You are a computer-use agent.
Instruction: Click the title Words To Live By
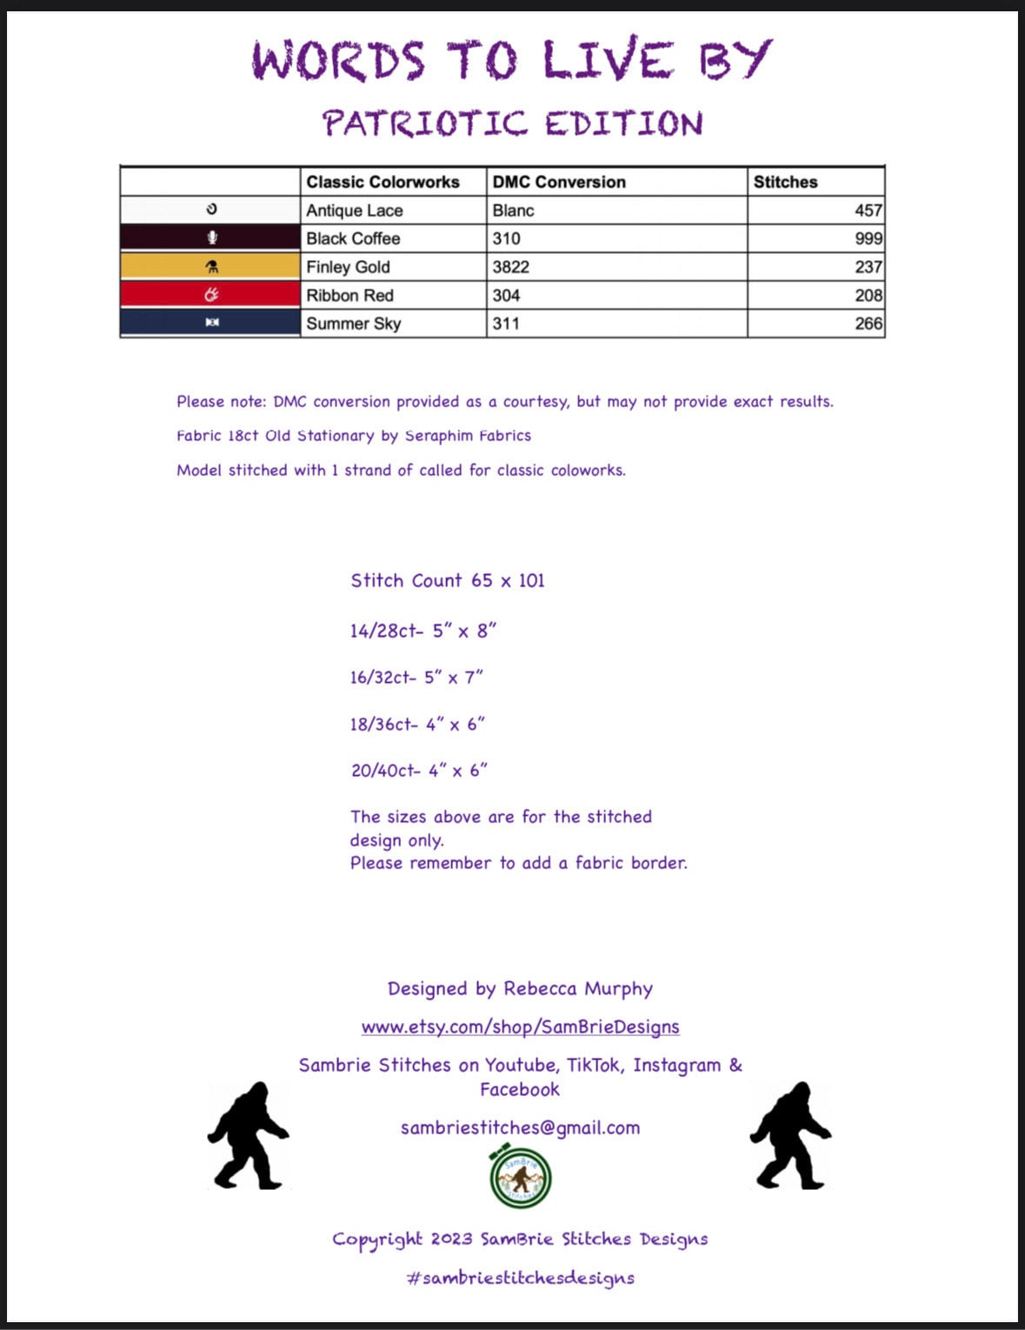tap(511, 60)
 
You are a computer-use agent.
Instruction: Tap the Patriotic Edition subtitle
tap(512, 124)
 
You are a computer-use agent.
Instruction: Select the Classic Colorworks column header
tap(383, 182)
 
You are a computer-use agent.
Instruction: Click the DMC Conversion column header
tap(559, 182)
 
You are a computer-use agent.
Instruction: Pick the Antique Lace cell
tap(355, 211)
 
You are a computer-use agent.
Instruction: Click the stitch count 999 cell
tap(868, 238)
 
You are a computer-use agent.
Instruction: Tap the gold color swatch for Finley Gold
tap(210, 267)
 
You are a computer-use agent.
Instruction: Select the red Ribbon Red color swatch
tap(210, 295)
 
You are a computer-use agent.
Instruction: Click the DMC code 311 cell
tap(506, 324)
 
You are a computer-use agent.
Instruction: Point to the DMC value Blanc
tap(513, 211)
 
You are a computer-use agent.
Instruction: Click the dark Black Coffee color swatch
tap(210, 238)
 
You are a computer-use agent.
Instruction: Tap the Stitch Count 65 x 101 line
tap(448, 581)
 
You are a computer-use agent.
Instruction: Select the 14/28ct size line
tap(423, 632)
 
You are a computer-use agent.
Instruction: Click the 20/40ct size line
tap(419, 771)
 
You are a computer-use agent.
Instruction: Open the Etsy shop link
tap(520, 1027)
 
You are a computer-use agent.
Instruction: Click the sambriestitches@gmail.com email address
tap(520, 1128)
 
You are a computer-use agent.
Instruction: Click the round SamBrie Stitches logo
tap(521, 1179)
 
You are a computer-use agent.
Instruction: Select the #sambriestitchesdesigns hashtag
tap(520, 1278)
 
